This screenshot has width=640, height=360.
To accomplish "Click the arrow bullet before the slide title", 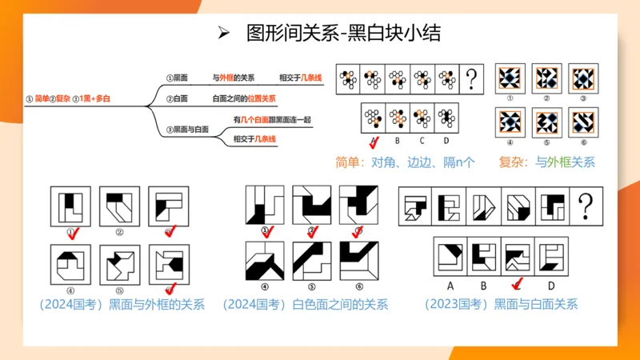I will click(x=225, y=33).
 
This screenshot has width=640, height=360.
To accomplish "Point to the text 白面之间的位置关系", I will click(x=244, y=99).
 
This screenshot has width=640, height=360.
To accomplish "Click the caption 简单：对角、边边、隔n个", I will click(x=405, y=162).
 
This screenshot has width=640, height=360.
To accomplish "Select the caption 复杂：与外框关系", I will click(x=546, y=162).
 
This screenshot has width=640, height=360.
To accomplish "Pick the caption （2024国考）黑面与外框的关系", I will click(x=122, y=304).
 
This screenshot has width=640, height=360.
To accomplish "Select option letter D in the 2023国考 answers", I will click(x=552, y=283).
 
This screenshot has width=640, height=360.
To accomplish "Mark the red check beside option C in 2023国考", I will click(x=519, y=283).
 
